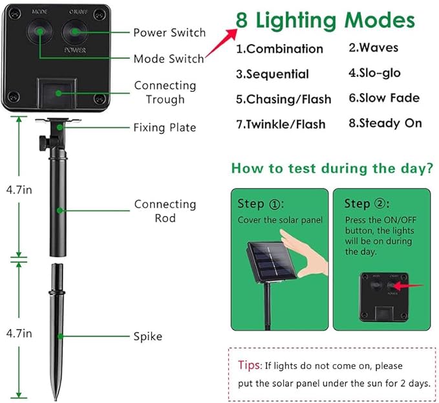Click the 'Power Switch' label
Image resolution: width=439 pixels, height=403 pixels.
pos(169,32)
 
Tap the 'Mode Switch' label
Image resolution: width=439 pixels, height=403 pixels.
pos(168,59)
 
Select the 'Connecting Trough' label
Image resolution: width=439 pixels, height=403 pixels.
pos(165,92)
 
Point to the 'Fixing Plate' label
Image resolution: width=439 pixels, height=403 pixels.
pos(164,127)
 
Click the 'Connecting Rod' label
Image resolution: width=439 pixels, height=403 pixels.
pos(165,211)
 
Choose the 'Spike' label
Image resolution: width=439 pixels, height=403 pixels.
pos(147,336)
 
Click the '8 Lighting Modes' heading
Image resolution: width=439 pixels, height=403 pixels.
pos(325,20)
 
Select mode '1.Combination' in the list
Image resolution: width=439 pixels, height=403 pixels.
pos(279,49)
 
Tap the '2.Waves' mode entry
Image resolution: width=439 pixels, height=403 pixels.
pos(374,47)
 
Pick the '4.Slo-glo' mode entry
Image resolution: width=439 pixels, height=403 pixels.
pos(374,73)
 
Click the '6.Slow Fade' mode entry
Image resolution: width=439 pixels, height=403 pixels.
pos(384,98)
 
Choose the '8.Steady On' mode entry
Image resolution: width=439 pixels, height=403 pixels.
pos(385,123)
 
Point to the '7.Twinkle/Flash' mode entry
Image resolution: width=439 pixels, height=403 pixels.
pos(281,124)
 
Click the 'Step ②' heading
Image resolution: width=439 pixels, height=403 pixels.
pos(366,204)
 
